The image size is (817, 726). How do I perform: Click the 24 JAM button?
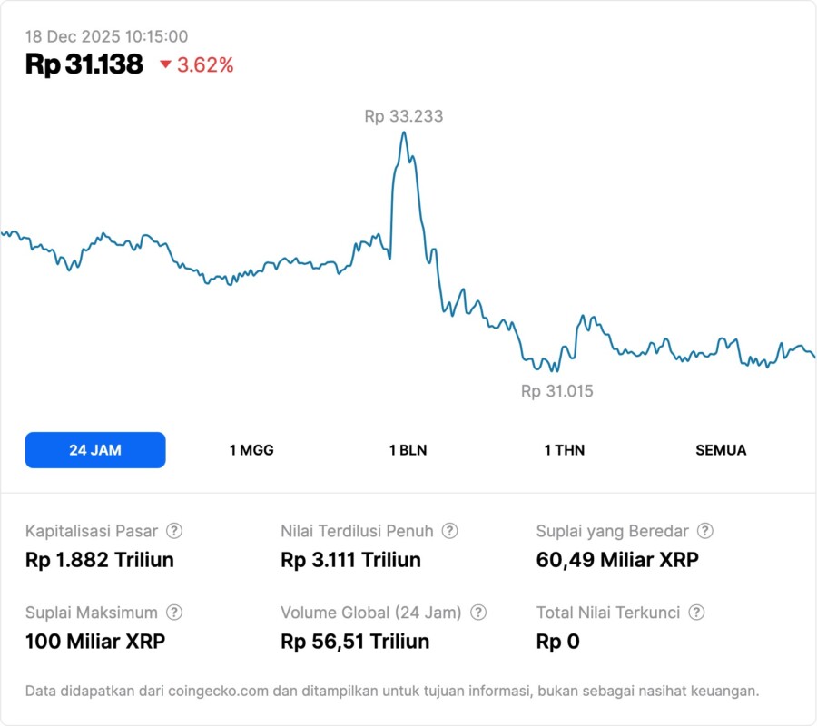point(95,450)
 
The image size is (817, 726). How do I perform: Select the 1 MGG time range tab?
point(251,450)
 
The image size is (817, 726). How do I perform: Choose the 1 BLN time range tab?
point(408,450)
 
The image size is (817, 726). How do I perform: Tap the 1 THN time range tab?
point(565,450)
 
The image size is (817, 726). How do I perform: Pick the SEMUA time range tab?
point(721,450)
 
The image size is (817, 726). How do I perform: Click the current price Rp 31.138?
point(84,64)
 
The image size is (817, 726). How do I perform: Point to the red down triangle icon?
point(165,64)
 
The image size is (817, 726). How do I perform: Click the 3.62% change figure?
point(205,64)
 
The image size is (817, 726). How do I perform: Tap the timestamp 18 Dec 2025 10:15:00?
point(106,37)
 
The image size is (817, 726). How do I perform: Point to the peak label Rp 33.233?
point(404,116)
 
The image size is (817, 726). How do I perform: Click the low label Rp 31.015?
point(557,391)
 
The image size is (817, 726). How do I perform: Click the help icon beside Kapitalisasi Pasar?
point(174,531)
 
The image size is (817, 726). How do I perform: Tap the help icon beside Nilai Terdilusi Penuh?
point(449,531)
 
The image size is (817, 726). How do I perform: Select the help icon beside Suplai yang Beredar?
point(704,531)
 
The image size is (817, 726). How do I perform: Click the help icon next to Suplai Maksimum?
point(174,613)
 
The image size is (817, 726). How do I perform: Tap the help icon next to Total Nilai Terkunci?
point(696,613)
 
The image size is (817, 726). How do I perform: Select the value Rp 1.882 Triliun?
point(100,560)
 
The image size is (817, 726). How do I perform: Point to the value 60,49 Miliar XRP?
point(617,560)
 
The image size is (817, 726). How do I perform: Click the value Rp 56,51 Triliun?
point(355,642)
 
